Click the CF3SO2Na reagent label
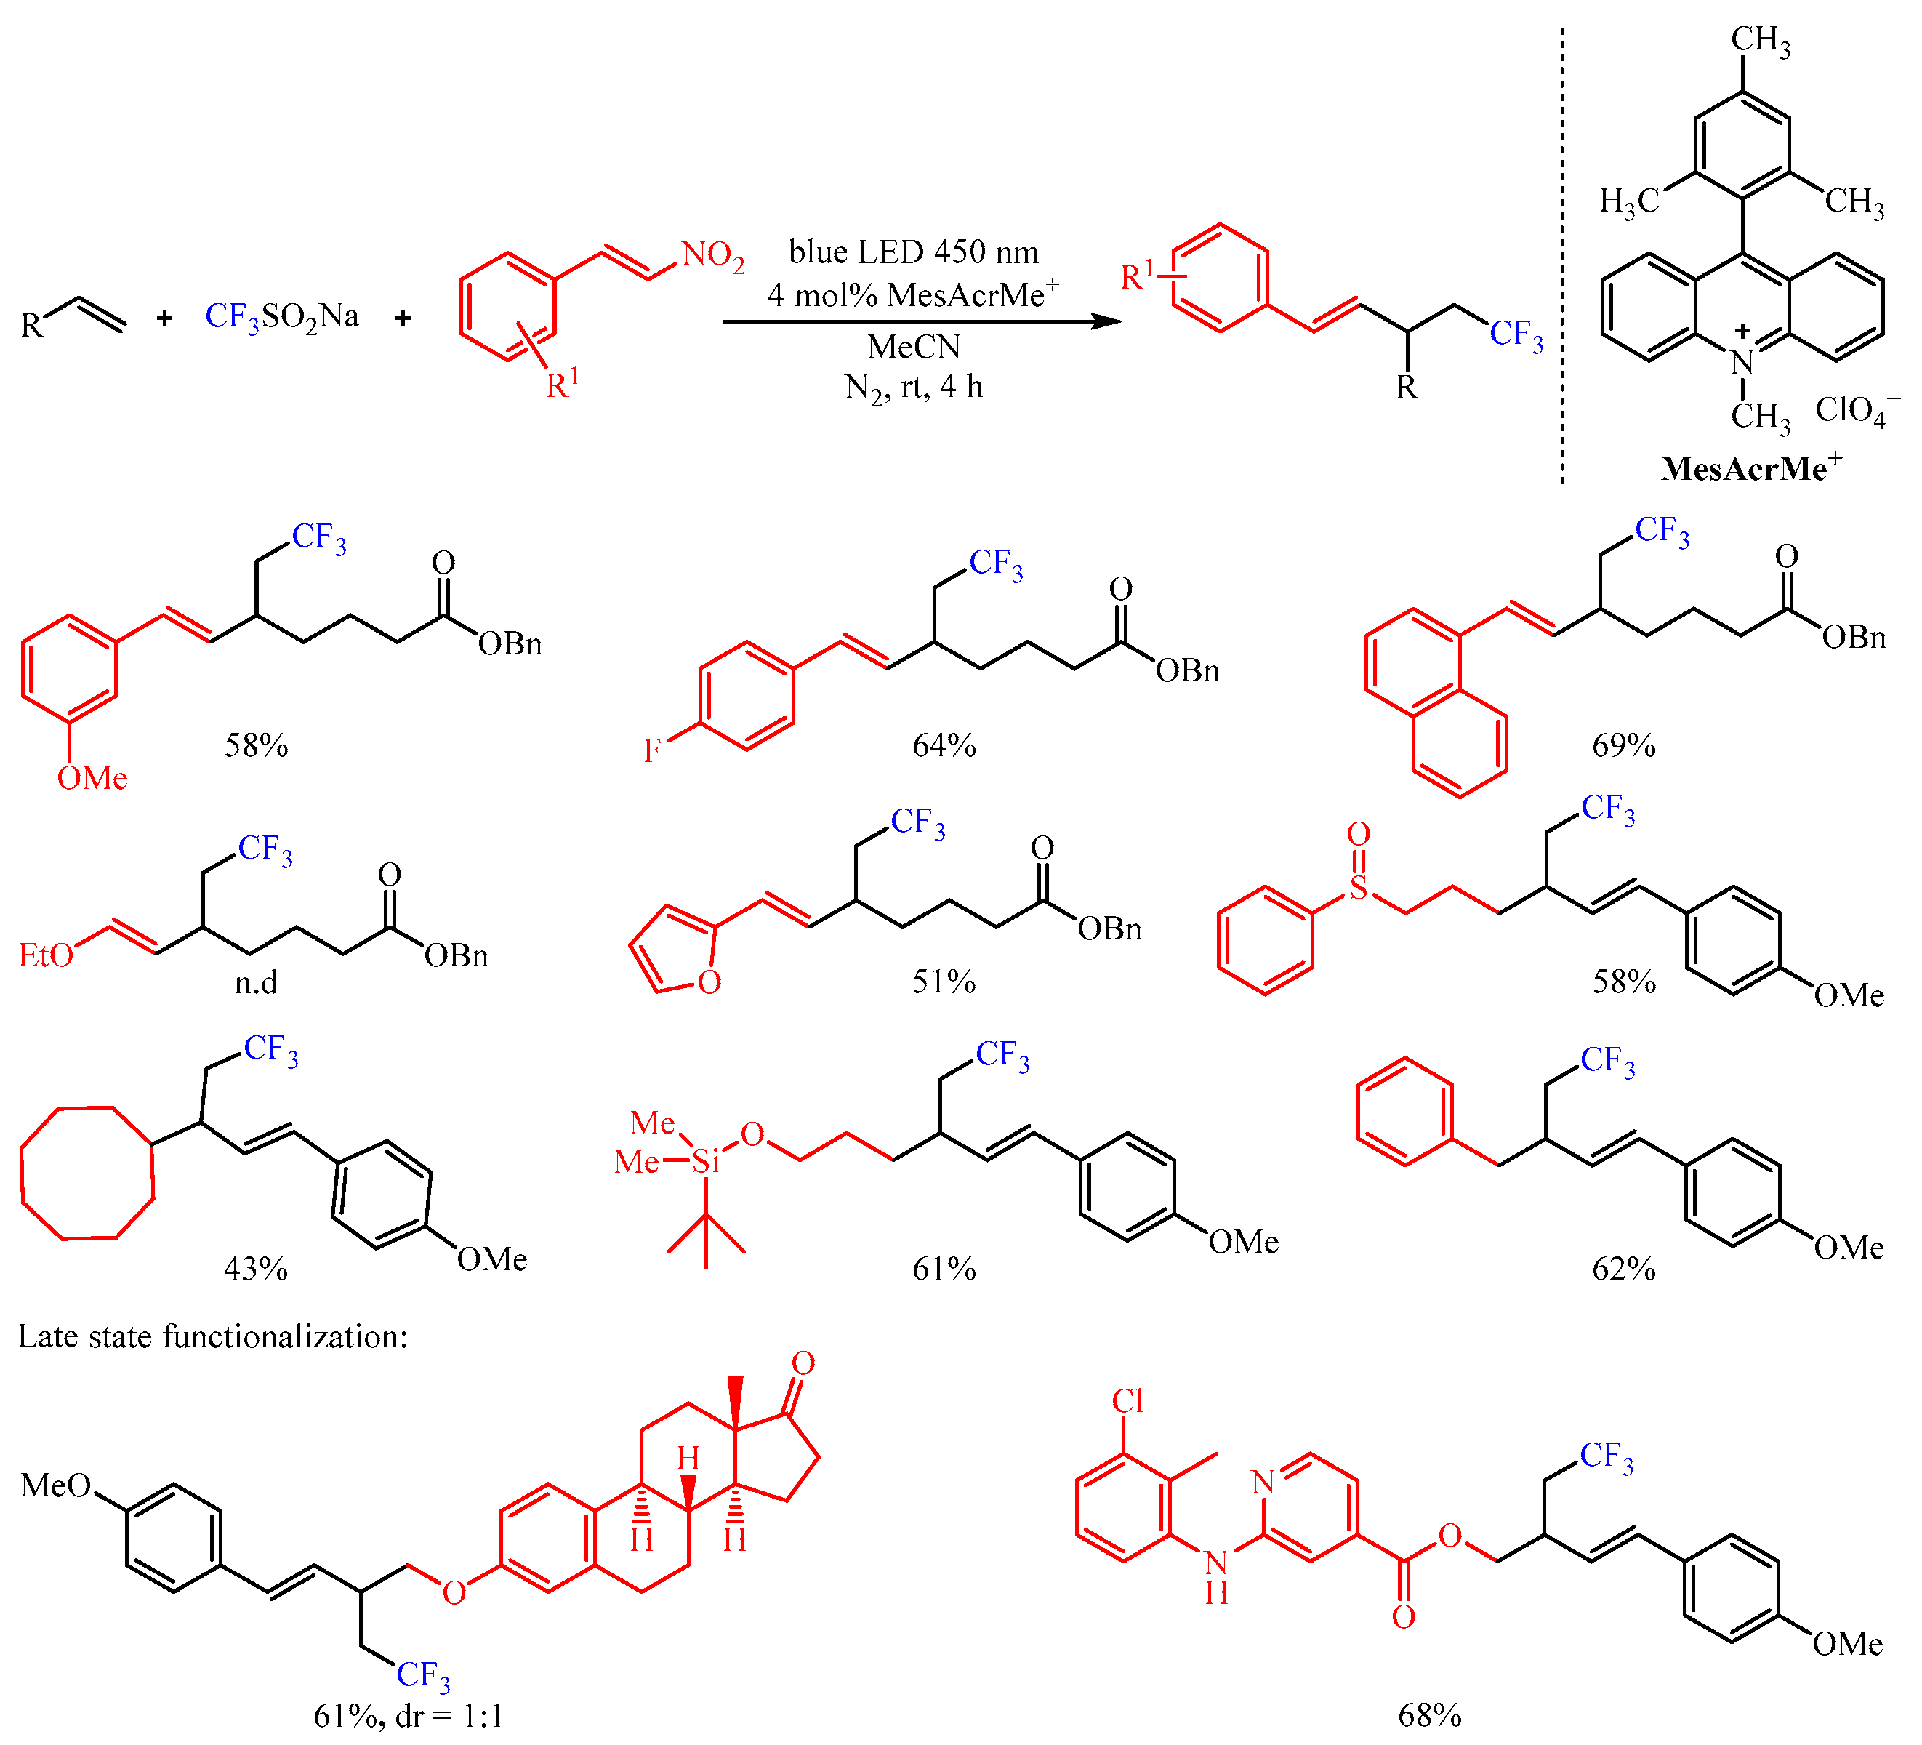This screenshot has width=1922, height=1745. click(281, 316)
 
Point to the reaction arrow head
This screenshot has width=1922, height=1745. click(1108, 321)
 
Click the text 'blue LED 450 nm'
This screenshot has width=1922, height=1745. click(913, 252)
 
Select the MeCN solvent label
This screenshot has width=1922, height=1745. click(913, 346)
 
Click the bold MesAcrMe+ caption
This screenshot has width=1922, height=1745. click(1750, 468)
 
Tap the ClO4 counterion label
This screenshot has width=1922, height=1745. click(1854, 410)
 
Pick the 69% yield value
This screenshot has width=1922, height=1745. click(1623, 745)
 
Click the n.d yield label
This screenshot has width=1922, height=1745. click(255, 982)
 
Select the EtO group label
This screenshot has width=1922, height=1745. click(46, 955)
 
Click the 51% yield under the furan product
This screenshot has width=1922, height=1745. click(943, 982)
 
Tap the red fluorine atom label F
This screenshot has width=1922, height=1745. click(651, 751)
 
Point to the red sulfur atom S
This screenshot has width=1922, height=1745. click(1358, 888)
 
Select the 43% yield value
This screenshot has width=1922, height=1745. click(254, 1268)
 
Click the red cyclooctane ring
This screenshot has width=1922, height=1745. click(87, 1173)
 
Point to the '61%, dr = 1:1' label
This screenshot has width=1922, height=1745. click(407, 1715)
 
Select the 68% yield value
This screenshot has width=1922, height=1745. click(1429, 1715)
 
